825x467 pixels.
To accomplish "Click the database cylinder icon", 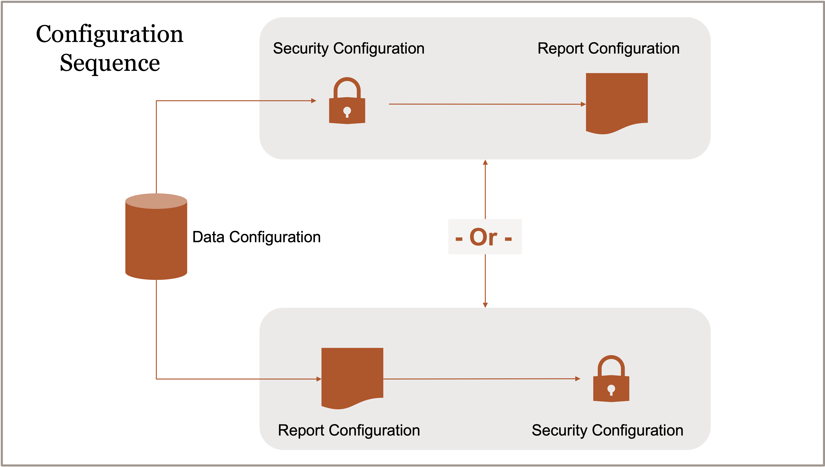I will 156,241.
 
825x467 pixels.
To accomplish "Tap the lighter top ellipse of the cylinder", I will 156,201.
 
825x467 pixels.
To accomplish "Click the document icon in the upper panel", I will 617,101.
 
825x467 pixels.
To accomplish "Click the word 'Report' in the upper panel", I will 560,49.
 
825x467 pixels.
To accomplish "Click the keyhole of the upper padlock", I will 347,112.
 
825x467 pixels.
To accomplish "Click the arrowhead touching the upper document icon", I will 583,104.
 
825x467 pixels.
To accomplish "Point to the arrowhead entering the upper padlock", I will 314,101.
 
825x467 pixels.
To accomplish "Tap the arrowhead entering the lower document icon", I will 319,379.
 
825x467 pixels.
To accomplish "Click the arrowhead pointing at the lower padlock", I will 578,379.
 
